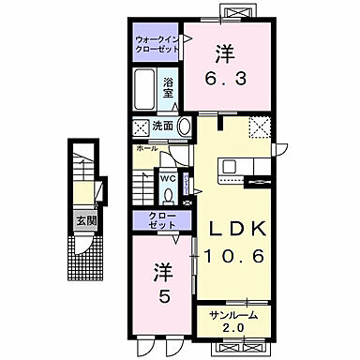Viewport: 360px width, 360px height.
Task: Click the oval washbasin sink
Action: pyautogui.click(x=184, y=127)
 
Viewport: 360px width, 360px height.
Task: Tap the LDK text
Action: pyautogui.click(x=231, y=231)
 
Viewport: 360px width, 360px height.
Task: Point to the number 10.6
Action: pyautogui.click(x=231, y=255)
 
